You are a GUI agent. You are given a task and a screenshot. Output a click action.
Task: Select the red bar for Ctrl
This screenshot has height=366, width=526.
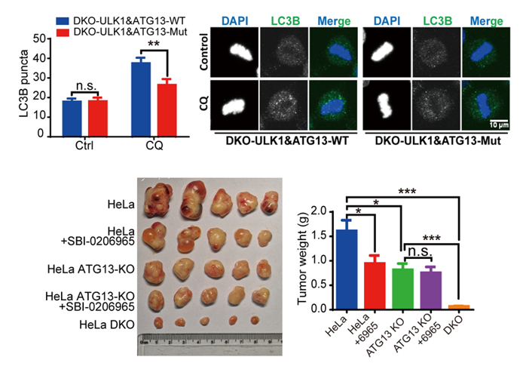coord(98,116)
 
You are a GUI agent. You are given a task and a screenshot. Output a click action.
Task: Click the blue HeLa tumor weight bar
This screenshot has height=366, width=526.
coord(347,269)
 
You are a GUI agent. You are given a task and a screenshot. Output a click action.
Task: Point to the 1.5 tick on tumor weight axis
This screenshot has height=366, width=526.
coord(326,235)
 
